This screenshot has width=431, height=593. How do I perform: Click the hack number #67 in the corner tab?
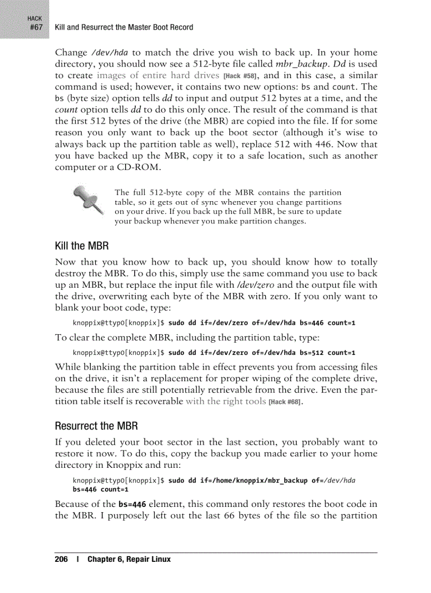(x=35, y=27)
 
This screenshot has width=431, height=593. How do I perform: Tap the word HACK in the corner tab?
(x=35, y=18)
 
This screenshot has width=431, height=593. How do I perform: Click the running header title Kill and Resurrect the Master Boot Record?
(x=124, y=27)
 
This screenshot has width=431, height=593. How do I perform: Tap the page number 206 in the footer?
(x=61, y=559)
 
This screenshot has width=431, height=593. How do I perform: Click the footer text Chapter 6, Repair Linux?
(x=129, y=559)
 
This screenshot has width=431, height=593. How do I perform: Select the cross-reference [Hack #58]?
(x=239, y=76)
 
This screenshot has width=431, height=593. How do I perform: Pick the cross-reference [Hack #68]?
(x=285, y=402)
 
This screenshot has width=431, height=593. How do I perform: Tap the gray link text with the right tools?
(x=226, y=401)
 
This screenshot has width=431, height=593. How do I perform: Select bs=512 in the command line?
(x=311, y=352)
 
